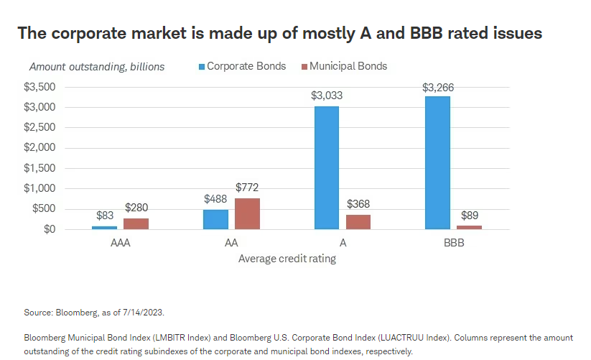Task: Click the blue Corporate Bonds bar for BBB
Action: pos(437,163)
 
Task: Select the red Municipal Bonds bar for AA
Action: pos(247,213)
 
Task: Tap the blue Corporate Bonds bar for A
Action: pos(326,167)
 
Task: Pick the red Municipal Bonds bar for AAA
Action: pos(136,223)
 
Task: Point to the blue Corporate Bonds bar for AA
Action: pos(215,219)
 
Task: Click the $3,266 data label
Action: pos(438,88)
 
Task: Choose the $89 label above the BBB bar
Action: pos(470,216)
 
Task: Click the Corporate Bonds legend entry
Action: pos(241,66)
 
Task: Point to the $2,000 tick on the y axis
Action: pos(40,148)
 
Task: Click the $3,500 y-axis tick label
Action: pos(40,87)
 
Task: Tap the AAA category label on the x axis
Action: pos(120,244)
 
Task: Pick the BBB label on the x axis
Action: pos(454,244)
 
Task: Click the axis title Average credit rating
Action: pos(287,259)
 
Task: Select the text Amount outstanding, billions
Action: pos(97,67)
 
